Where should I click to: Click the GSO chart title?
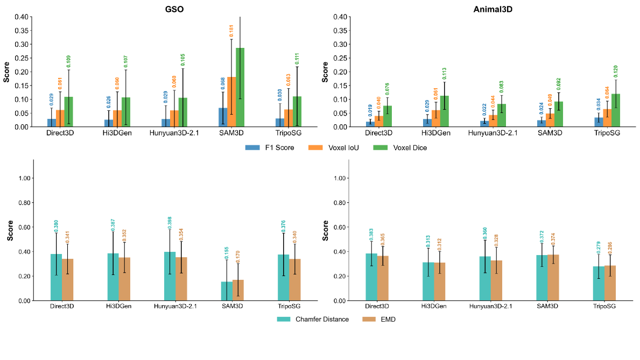(174, 9)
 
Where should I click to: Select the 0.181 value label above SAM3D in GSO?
(231, 32)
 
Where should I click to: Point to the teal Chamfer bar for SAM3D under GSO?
(227, 291)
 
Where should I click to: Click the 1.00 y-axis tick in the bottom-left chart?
(25, 178)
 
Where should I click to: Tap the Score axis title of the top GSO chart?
(6, 72)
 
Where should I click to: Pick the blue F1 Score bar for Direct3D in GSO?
(51, 123)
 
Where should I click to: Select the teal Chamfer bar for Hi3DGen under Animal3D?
(428, 281)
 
